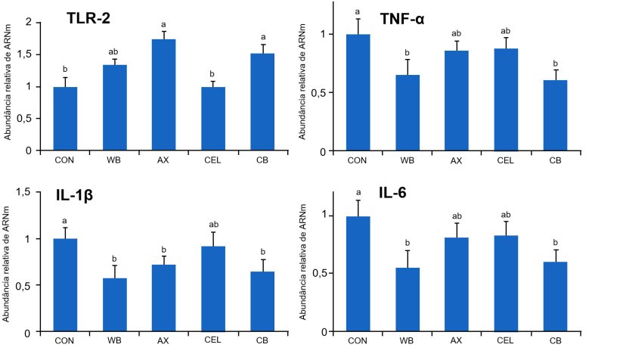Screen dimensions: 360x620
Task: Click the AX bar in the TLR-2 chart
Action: click(x=163, y=95)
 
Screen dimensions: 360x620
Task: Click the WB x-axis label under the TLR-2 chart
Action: click(x=114, y=160)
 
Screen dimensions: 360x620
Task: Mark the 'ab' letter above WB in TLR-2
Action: click(x=114, y=51)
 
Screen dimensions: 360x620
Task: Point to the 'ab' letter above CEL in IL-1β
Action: click(x=212, y=224)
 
